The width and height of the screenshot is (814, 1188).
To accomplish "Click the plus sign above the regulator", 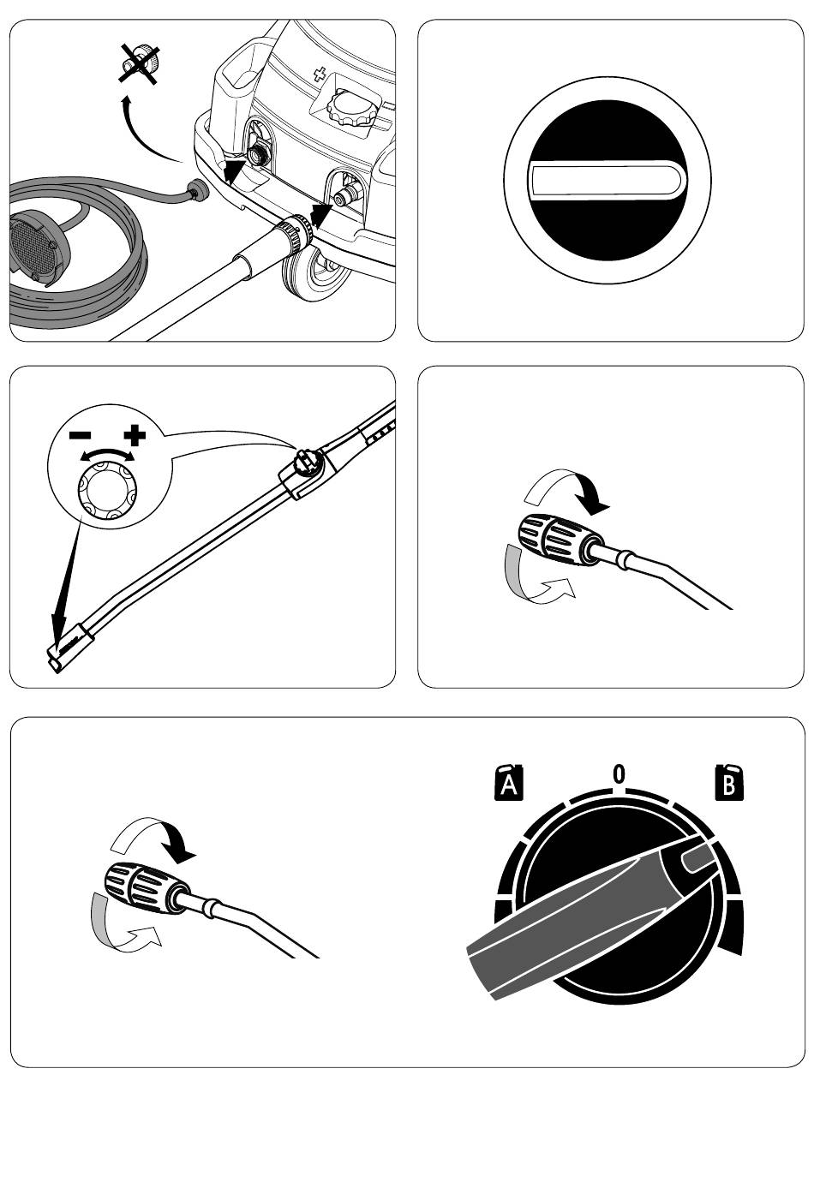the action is point(135,436).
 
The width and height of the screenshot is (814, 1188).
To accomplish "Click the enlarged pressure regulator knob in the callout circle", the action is point(109,493).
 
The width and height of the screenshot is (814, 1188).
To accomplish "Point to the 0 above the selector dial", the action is point(619,773).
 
